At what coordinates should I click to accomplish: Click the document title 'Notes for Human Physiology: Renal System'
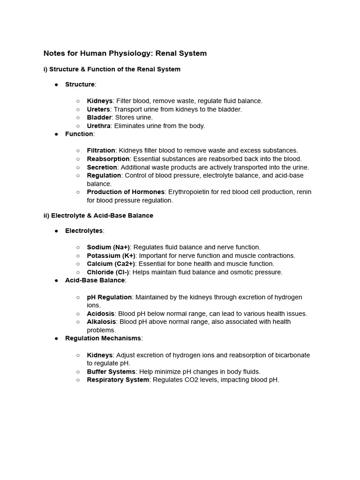click(125, 53)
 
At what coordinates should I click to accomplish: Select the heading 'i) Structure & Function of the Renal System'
click(112, 69)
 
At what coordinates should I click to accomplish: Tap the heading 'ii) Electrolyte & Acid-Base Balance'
click(98, 216)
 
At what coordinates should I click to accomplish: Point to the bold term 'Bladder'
click(99, 117)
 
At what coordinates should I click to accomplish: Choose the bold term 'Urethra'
click(98, 126)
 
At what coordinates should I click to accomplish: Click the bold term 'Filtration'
click(101, 150)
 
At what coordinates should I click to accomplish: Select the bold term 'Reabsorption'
click(108, 159)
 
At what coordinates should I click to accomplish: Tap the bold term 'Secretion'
click(102, 167)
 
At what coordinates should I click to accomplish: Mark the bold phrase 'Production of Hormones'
click(126, 192)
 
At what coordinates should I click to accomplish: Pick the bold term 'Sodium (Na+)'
click(108, 247)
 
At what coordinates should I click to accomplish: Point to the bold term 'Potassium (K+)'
click(111, 255)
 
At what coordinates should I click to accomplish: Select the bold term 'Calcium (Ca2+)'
click(111, 264)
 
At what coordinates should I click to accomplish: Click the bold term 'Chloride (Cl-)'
click(108, 272)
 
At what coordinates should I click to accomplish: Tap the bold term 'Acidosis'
click(100, 314)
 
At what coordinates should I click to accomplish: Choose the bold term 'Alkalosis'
click(101, 322)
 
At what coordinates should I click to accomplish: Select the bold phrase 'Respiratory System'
click(118, 380)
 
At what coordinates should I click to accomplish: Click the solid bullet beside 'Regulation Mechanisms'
click(56, 338)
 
